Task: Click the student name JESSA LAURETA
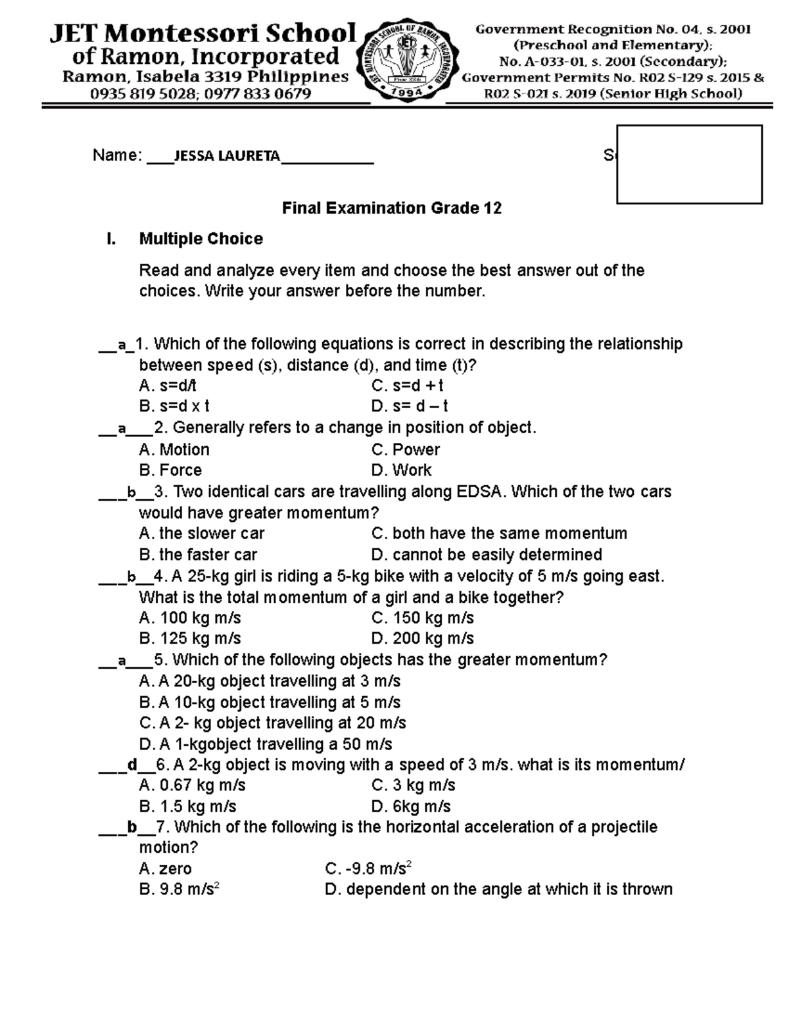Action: pos(226,156)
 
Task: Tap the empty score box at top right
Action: pos(689,164)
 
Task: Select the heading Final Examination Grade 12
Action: pos(392,209)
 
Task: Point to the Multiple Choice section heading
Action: pos(201,239)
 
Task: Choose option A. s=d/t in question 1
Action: pos(168,386)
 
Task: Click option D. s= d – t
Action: pos(410,406)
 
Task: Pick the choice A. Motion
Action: pos(174,449)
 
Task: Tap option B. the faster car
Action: pos(198,554)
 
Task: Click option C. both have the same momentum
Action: pos(499,533)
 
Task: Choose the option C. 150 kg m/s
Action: pos(422,618)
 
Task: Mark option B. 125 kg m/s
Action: pos(190,638)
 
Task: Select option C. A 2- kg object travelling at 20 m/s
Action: pos(273,723)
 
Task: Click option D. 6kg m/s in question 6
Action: pos(411,806)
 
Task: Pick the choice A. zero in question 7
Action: pos(166,869)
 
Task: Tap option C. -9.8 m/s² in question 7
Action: pos(368,869)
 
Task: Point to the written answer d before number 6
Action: pos(132,765)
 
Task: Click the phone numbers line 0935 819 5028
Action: pos(201,93)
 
